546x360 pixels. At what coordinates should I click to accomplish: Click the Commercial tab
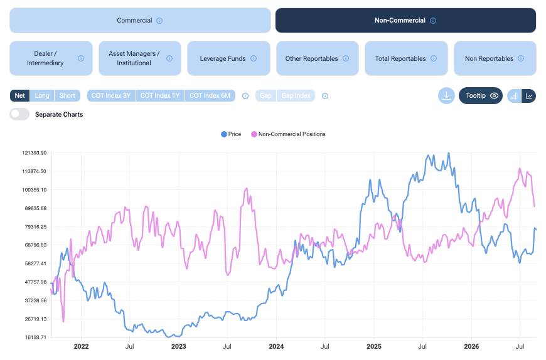(x=140, y=21)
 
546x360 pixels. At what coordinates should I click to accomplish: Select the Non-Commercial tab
(x=405, y=21)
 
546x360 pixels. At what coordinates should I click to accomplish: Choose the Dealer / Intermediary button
(x=51, y=58)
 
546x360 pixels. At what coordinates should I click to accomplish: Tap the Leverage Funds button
(x=229, y=58)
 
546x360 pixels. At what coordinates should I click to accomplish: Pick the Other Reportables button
(x=318, y=58)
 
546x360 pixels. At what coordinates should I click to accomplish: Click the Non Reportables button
(x=495, y=58)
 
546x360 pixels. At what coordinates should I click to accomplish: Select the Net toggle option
(x=20, y=96)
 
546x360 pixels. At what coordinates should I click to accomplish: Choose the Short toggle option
(x=67, y=96)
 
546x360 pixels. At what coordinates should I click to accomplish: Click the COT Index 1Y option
(x=160, y=96)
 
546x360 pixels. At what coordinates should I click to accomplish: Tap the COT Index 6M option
(x=210, y=96)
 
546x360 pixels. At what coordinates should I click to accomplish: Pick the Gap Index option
(x=296, y=96)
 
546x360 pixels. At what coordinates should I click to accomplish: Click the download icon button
(x=446, y=96)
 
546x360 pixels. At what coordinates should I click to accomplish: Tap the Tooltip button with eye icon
(x=481, y=96)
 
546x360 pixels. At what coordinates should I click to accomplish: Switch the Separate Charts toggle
(x=19, y=114)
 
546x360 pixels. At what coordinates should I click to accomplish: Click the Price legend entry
(x=231, y=134)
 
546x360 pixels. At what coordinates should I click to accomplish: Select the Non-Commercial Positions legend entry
(x=288, y=134)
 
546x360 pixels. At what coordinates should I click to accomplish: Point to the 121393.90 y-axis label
(x=35, y=153)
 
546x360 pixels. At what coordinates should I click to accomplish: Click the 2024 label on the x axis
(x=276, y=346)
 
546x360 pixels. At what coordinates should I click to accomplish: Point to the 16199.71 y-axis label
(x=36, y=337)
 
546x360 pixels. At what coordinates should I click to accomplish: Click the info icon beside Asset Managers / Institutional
(x=169, y=58)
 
